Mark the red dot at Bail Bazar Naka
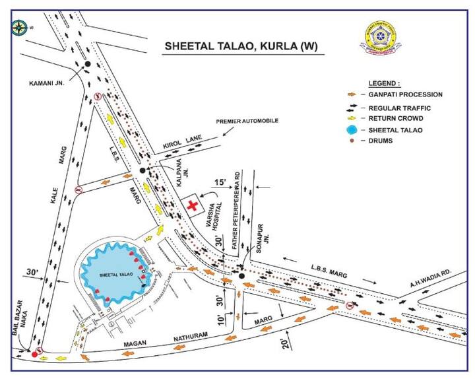tap(26, 354)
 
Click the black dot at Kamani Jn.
tap(87, 64)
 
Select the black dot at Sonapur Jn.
tap(241, 276)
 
